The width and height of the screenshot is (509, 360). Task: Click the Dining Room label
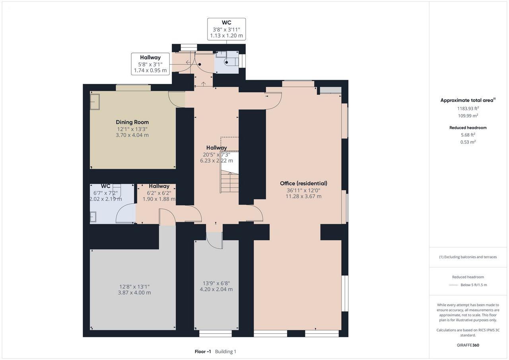point(132,122)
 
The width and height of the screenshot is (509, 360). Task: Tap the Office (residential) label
point(303,183)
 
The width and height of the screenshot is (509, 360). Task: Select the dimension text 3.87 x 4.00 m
point(134,292)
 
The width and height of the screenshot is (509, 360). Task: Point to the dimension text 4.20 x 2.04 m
point(216,289)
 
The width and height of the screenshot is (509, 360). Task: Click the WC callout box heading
point(226,23)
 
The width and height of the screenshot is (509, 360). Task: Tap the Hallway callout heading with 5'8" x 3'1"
point(150,58)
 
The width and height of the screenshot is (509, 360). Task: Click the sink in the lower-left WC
point(93,216)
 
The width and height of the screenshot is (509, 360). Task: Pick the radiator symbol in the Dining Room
point(95,102)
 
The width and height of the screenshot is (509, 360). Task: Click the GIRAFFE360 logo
point(468,345)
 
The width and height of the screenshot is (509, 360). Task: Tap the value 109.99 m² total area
point(468,116)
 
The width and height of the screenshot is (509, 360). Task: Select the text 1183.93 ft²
point(468,109)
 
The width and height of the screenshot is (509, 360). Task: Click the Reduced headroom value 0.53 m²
point(468,142)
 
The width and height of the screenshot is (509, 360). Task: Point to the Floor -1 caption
point(203,351)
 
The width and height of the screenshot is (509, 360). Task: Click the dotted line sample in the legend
point(453,285)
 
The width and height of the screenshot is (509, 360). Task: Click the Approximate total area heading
point(467,100)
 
